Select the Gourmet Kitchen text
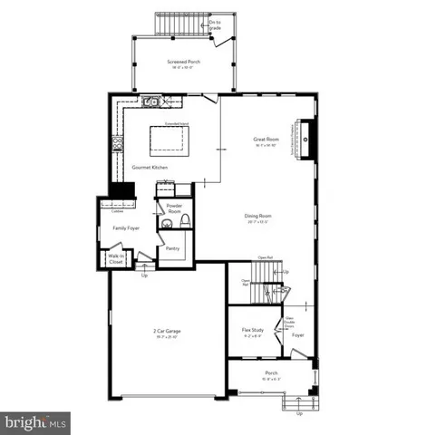click(x=150, y=168)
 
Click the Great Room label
click(x=265, y=139)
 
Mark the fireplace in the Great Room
click(x=306, y=140)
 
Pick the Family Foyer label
click(x=125, y=228)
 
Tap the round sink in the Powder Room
click(x=166, y=223)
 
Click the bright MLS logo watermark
click(x=36, y=421)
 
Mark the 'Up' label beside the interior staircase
click(x=287, y=272)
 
